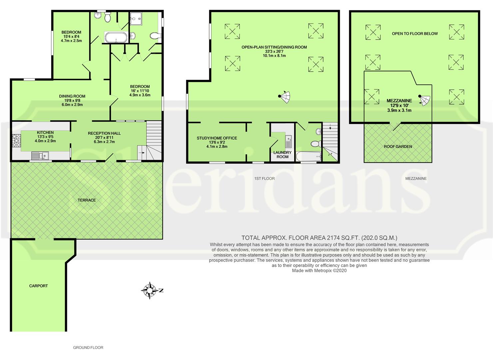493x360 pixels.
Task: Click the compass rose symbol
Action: coord(150,290)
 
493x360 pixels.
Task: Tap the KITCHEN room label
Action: coord(45,132)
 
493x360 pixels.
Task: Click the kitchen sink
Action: coord(40,155)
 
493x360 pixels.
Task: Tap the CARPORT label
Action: coord(38,286)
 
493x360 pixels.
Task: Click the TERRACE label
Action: coord(87,200)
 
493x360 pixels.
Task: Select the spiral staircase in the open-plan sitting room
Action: coord(285,97)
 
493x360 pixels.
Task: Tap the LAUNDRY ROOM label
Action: coord(282,154)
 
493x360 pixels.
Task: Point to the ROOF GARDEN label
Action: coord(398,146)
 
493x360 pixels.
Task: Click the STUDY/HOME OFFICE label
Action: coord(217,138)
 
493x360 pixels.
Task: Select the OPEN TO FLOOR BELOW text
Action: coord(415,33)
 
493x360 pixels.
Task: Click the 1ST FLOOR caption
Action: coord(264,178)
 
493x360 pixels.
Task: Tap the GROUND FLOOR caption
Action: coord(88,347)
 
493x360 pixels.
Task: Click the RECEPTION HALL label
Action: coord(104,133)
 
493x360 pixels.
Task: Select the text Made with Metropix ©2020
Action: coord(319,271)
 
